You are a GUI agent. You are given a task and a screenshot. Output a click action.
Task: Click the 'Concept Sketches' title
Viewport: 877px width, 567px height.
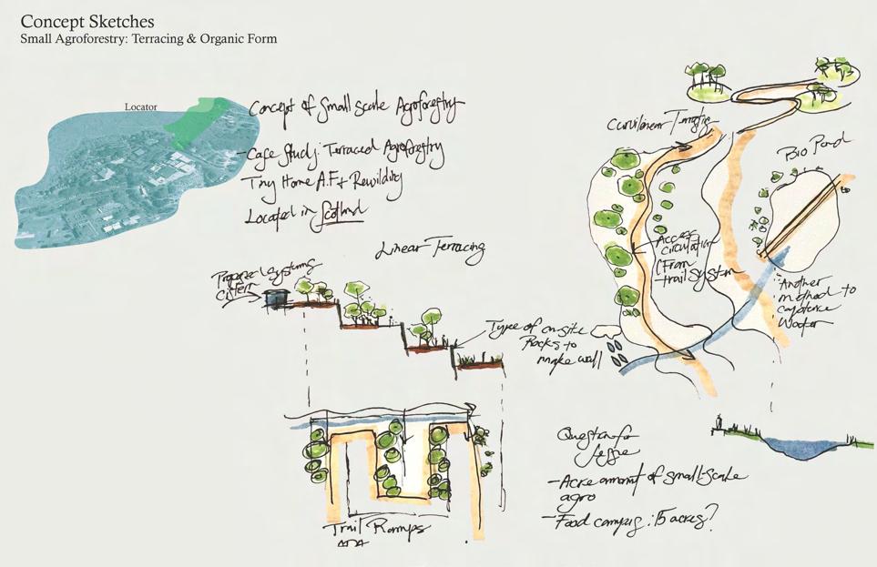[87, 22]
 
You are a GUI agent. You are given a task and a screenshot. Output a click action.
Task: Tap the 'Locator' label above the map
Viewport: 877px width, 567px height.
[140, 106]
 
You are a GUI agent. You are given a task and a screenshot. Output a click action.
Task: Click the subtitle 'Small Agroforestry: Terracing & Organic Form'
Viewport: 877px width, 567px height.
[148, 39]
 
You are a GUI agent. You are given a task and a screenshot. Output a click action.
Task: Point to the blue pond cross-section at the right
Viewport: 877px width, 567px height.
[793, 445]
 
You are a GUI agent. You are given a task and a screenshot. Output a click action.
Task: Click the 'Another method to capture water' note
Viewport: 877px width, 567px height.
[815, 300]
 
